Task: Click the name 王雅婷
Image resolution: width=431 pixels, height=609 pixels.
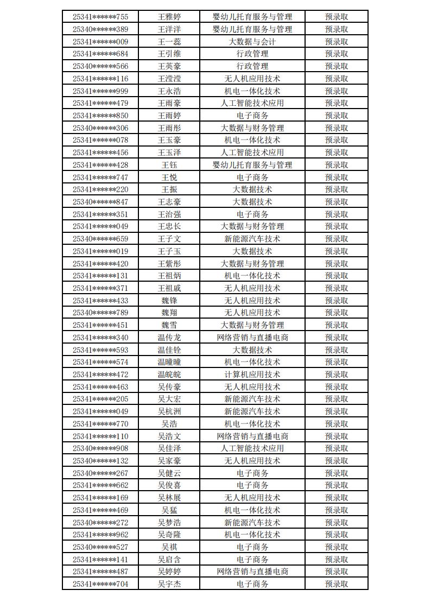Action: click(169, 17)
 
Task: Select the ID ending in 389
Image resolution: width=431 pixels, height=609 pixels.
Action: click(100, 29)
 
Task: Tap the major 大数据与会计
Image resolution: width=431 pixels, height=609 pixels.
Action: click(252, 42)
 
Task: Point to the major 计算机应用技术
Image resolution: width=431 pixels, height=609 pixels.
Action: click(252, 375)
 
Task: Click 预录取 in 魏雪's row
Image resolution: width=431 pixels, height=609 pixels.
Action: click(336, 325)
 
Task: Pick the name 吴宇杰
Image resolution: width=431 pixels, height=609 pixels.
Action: click(169, 584)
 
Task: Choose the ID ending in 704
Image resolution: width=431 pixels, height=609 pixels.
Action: click(100, 584)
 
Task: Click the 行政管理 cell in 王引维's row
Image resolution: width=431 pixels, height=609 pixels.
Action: click(252, 54)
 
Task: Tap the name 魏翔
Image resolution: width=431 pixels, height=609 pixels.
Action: click(169, 313)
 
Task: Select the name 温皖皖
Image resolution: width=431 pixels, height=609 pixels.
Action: click(169, 375)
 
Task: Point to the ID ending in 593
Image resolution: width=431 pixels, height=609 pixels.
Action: click(100, 350)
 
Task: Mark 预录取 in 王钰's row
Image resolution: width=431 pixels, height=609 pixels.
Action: click(336, 165)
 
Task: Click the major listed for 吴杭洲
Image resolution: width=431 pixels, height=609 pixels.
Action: click(252, 411)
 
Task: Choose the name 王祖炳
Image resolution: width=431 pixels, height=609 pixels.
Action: click(169, 276)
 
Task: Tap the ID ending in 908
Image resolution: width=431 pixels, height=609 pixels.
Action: click(100, 448)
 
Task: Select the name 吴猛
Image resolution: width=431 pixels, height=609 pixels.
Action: click(169, 510)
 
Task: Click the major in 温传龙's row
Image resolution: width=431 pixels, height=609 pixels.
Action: click(252, 338)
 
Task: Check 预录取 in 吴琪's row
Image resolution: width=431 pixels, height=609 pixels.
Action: click(336, 547)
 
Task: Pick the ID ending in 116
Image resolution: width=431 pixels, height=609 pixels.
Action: click(100, 79)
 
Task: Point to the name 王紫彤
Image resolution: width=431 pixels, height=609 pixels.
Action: click(169, 264)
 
